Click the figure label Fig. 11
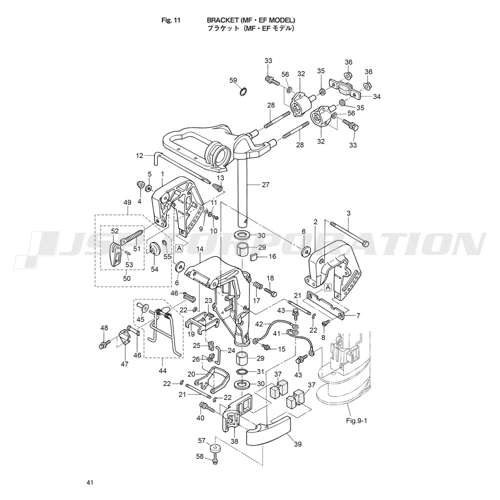tap(171, 20)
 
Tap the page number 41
tap(89, 482)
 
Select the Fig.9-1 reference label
tap(357, 420)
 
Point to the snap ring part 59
tap(243, 92)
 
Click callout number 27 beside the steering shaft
tap(265, 184)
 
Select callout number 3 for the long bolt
tap(348, 213)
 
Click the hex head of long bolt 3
tap(365, 244)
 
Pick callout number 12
tap(139, 155)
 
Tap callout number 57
tap(202, 440)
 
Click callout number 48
tap(104, 328)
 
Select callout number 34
tap(377, 96)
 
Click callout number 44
tap(162, 370)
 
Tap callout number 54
tap(154, 269)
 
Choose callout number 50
tap(127, 278)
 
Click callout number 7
tap(358, 315)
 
